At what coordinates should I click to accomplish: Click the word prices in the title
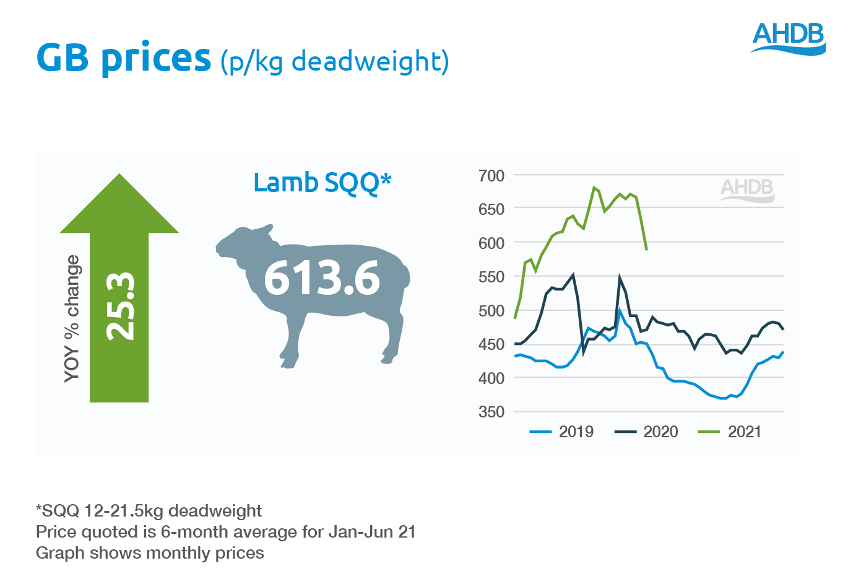tap(156, 58)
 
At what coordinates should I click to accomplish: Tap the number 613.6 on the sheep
tap(322, 278)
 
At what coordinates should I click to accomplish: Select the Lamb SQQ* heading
tap(322, 183)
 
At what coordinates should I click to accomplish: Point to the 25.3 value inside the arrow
tap(120, 306)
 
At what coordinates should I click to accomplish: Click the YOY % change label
tap(72, 318)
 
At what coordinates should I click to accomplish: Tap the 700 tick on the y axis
tap(491, 176)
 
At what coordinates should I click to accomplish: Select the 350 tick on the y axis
tap(491, 412)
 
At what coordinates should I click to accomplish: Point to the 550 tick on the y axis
tap(491, 277)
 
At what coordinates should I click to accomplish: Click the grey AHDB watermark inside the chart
tap(747, 190)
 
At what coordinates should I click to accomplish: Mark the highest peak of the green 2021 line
tap(594, 187)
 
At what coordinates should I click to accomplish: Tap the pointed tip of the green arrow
tap(119, 176)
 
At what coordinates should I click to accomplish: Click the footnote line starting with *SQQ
tap(149, 511)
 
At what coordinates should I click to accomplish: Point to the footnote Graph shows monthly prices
tap(150, 553)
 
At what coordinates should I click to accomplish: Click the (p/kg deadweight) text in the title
tap(334, 61)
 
